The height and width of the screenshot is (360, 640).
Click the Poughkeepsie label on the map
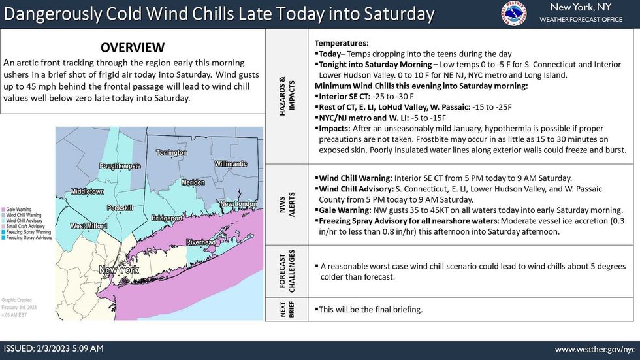point(120,166)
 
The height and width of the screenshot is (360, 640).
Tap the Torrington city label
point(171,152)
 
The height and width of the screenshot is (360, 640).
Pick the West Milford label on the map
point(89,226)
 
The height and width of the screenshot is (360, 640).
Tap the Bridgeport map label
point(167,216)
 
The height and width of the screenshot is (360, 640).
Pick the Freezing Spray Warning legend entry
point(31,232)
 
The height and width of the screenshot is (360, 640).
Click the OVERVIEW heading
point(133,48)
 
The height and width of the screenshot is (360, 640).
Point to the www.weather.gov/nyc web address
point(595,349)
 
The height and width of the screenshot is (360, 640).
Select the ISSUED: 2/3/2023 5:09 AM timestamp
point(54,349)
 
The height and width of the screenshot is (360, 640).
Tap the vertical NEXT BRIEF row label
point(285,310)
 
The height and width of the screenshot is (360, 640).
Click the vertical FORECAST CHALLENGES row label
point(285,271)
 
